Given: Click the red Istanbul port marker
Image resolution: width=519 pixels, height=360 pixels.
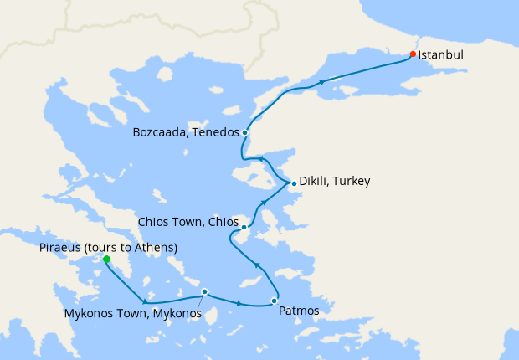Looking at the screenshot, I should click(413, 54).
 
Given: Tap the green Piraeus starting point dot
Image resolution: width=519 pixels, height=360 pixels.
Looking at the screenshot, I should click(106, 260).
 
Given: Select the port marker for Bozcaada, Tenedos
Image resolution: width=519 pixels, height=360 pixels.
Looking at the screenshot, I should click(244, 132).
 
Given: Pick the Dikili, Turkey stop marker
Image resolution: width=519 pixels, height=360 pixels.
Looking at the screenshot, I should click(293, 183).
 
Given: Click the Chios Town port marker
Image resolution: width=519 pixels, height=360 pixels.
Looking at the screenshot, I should click(244, 227).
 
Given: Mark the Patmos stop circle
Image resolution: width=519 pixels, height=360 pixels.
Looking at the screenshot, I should click(274, 301).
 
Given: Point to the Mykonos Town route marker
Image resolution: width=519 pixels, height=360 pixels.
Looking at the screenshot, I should click(204, 292).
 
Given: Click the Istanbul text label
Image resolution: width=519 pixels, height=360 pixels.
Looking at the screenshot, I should click(440, 54).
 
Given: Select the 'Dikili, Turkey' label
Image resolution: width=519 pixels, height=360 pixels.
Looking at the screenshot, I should click(335, 181).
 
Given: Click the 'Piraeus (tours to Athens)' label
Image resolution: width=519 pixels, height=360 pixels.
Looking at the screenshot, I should click(108, 247).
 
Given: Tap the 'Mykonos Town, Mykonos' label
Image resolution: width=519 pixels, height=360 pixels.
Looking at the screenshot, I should click(132, 314).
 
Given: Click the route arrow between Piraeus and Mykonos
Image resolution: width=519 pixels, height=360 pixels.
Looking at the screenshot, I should click(146, 301).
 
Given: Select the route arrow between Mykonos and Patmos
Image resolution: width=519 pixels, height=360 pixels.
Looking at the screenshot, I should click(241, 303).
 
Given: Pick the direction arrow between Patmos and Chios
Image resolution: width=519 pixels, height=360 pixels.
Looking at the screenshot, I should click(257, 265).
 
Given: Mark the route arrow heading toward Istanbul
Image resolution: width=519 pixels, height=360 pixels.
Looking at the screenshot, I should click(322, 82).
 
